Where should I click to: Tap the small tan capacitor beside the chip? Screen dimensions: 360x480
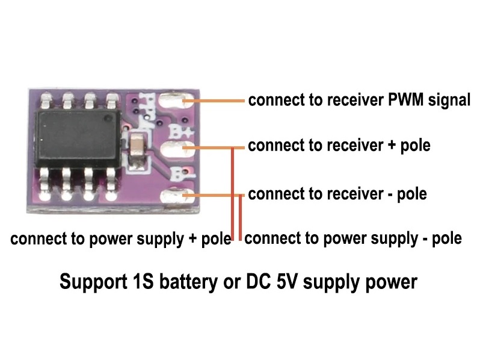(138, 147)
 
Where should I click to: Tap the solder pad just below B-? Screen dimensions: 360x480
(178, 196)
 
